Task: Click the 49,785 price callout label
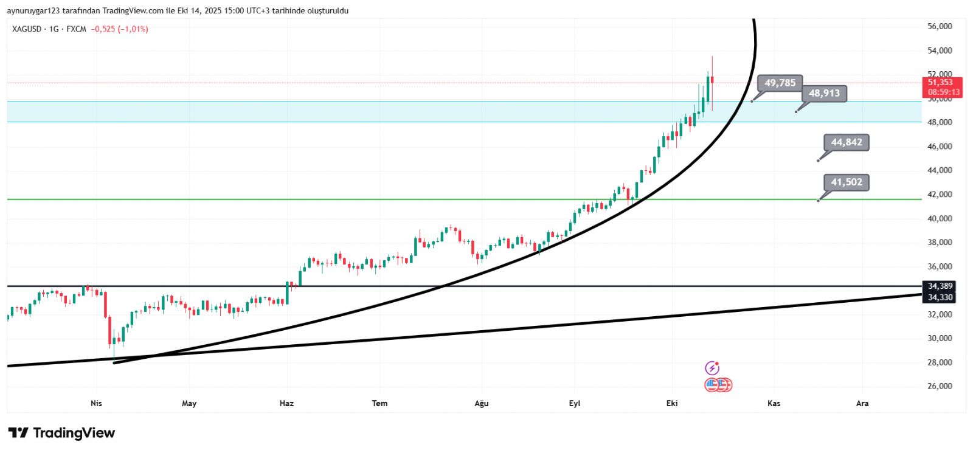[780, 83]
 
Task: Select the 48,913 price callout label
[824, 94]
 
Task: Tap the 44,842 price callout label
[846, 143]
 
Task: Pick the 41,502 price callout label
[846, 182]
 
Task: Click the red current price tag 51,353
[940, 83]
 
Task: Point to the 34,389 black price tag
[940, 286]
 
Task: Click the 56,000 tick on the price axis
[940, 27]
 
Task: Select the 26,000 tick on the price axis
[940, 386]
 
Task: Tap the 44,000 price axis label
[940, 170]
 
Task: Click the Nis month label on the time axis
[96, 403]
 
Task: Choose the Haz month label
[286, 403]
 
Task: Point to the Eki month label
[672, 403]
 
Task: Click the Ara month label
[862, 403]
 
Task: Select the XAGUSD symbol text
[27, 29]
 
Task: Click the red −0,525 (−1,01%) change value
[120, 29]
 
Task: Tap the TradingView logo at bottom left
[61, 433]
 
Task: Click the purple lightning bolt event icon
[712, 368]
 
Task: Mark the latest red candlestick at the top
[712, 80]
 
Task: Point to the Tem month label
[379, 403]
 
